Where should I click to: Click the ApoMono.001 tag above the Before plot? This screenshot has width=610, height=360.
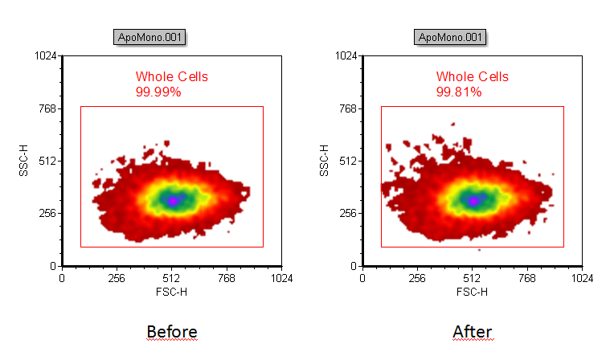tap(150, 37)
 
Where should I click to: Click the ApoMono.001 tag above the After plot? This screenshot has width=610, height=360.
tap(451, 37)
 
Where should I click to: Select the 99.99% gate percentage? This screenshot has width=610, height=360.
tap(158, 92)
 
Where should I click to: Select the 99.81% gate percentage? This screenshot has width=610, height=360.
tap(459, 92)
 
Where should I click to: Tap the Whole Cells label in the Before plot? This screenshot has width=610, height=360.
tap(171, 77)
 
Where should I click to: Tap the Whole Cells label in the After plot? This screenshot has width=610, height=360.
tap(472, 77)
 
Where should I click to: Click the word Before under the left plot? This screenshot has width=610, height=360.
tap(171, 331)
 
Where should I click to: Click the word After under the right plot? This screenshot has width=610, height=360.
tap(472, 331)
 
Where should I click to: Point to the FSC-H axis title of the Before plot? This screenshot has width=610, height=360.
tap(171, 292)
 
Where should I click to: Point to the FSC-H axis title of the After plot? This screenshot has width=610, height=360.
tap(472, 292)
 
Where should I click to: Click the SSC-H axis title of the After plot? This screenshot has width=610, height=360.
tap(325, 161)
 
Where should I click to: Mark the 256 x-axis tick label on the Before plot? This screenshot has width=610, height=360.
tap(117, 279)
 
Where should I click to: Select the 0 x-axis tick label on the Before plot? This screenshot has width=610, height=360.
tap(62, 279)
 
